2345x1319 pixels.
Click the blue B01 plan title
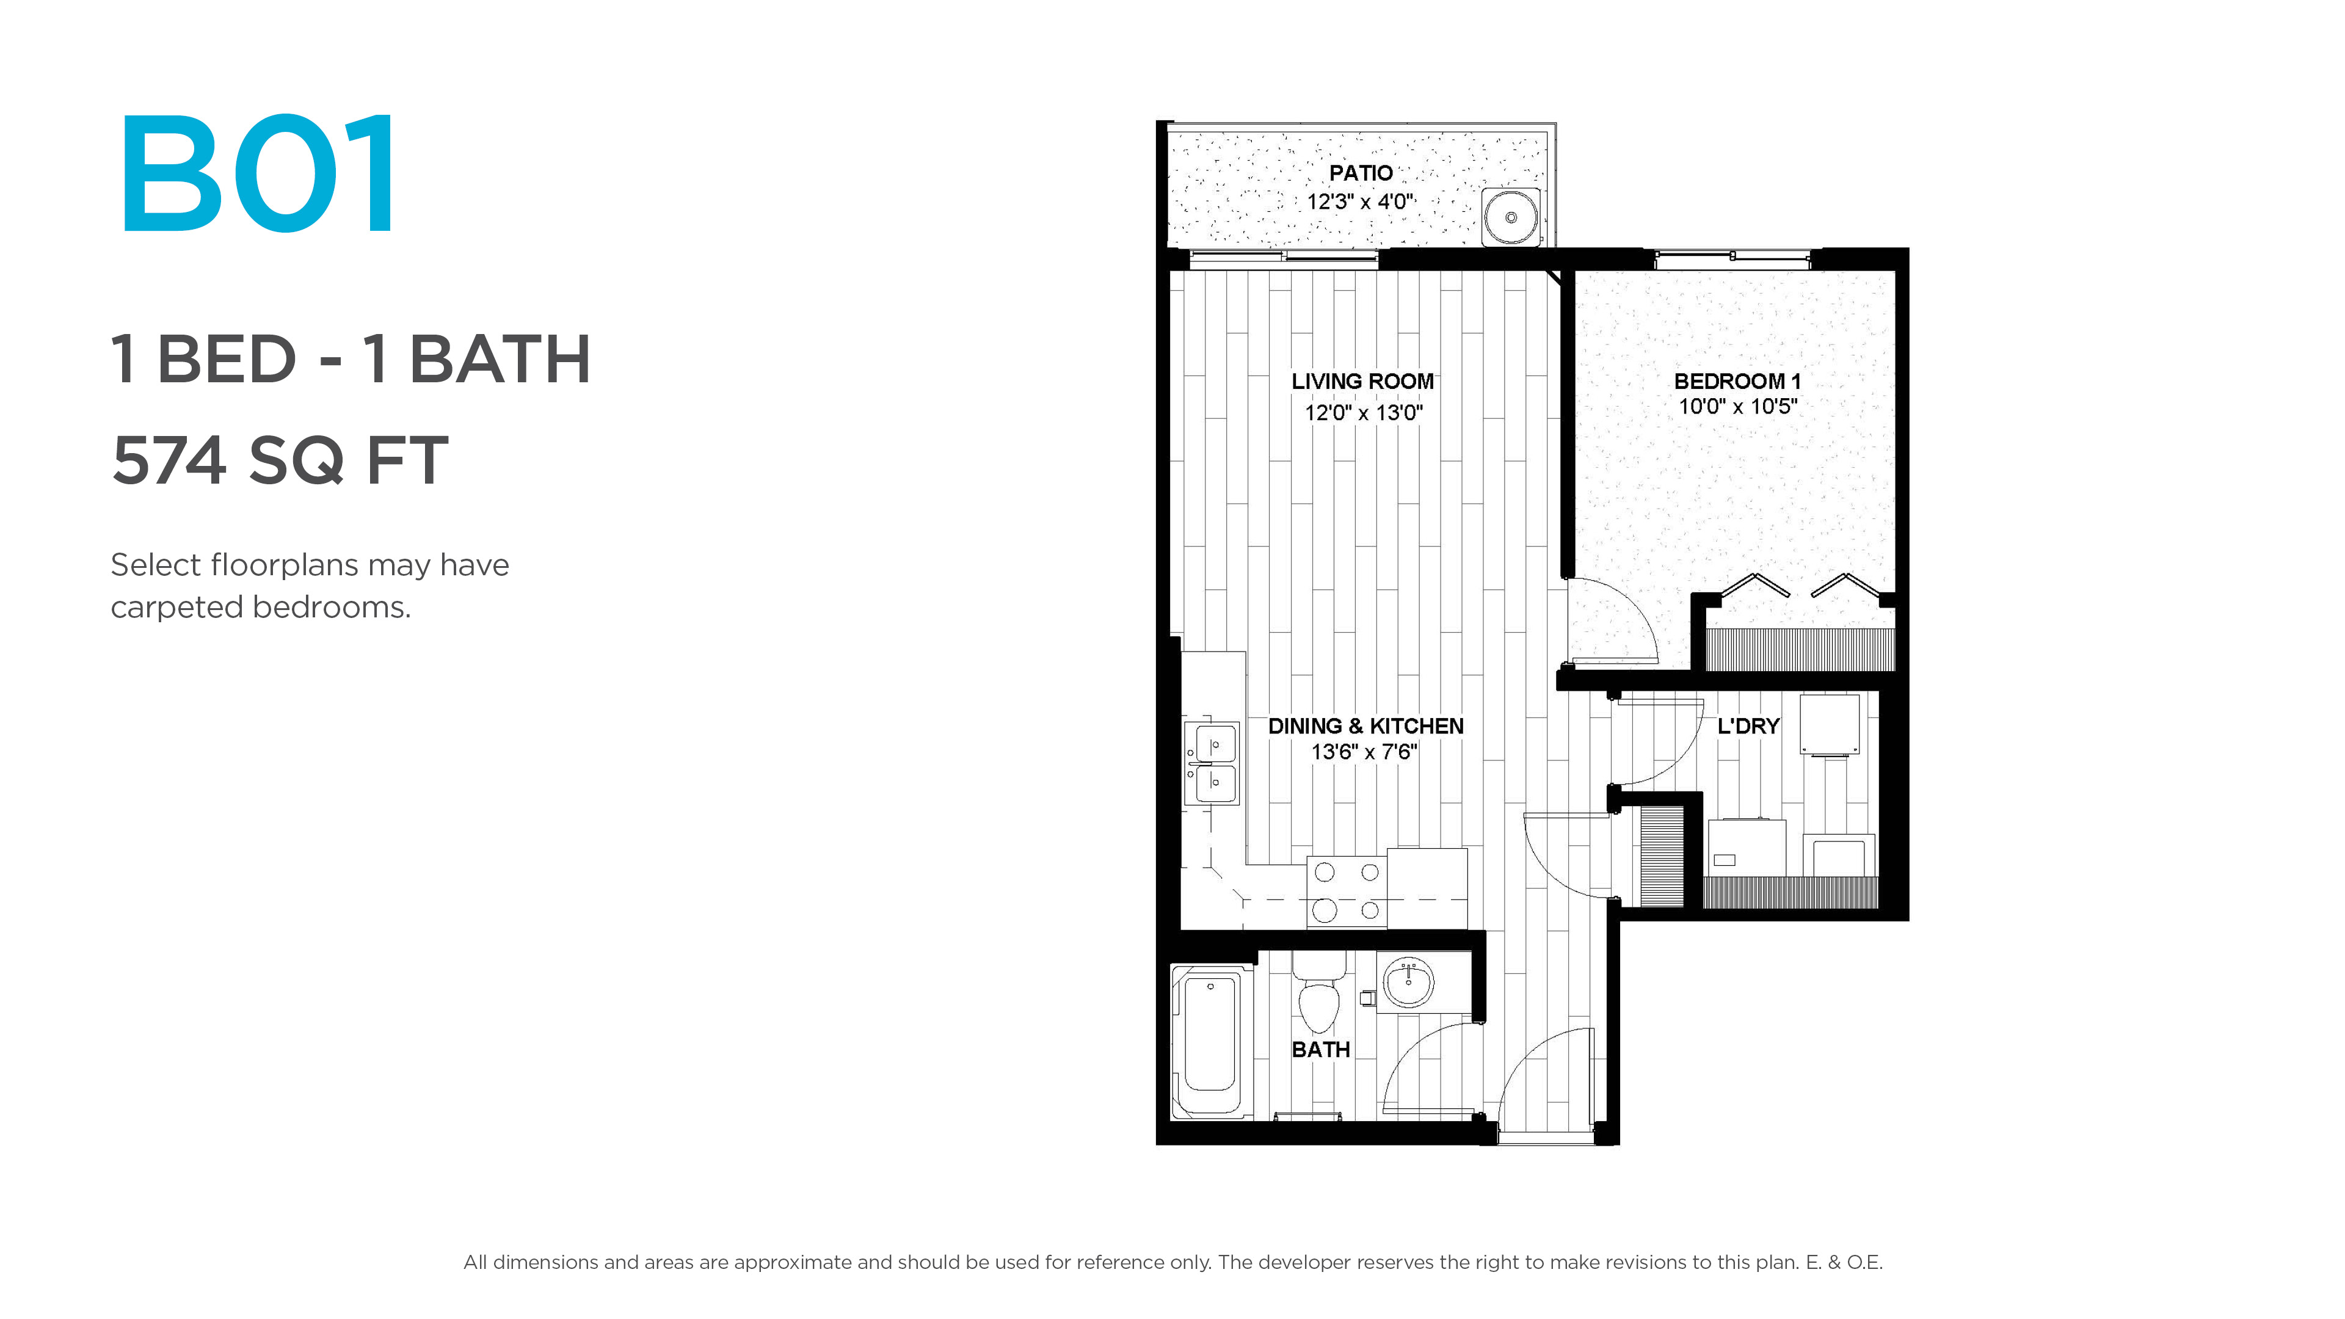pyautogui.click(x=258, y=173)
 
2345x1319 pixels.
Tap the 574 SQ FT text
pyautogui.click(x=280, y=460)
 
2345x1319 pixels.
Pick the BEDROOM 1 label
pyautogui.click(x=1737, y=382)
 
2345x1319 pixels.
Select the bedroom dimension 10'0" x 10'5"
pyautogui.click(x=1737, y=407)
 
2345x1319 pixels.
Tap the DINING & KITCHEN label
pyautogui.click(x=1365, y=727)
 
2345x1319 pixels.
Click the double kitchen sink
pyautogui.click(x=1212, y=763)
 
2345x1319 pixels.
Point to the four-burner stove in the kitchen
pyautogui.click(x=1347, y=891)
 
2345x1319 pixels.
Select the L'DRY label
pyautogui.click(x=1748, y=727)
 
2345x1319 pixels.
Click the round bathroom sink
pyautogui.click(x=1408, y=982)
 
